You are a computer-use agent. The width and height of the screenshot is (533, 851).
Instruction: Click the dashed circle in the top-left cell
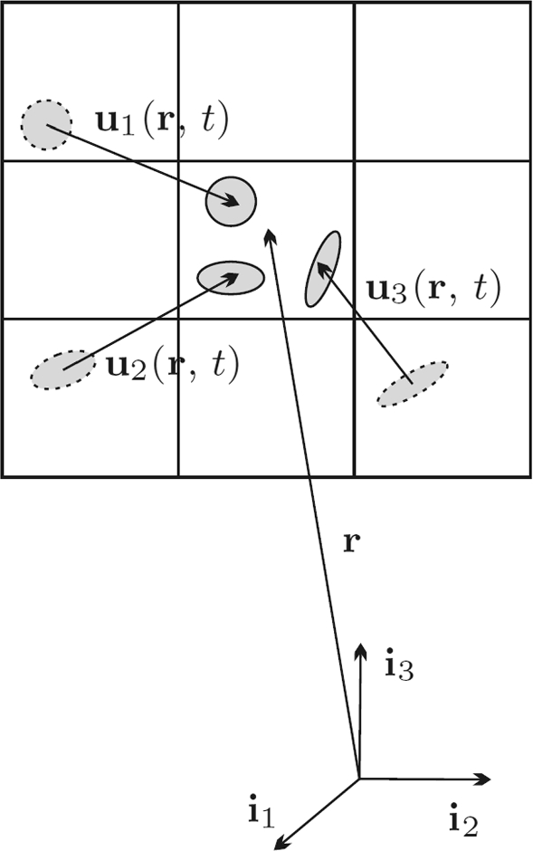[x=47, y=125]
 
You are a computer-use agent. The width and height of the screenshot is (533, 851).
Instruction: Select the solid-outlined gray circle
[x=231, y=201]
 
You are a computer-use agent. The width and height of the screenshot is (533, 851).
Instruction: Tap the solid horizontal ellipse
[x=231, y=278]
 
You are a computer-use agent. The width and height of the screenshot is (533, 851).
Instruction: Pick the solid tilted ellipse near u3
[x=323, y=269]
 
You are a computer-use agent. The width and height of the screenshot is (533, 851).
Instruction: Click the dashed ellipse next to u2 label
[x=63, y=369]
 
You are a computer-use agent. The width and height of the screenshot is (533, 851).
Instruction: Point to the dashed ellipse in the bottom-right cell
[x=413, y=384]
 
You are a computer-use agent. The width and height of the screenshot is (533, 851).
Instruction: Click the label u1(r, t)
[x=162, y=123]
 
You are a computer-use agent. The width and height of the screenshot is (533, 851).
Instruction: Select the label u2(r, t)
[x=172, y=368]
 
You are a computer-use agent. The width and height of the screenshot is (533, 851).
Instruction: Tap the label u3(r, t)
[x=433, y=290]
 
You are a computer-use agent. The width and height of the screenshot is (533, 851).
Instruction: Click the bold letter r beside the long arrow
[x=352, y=542]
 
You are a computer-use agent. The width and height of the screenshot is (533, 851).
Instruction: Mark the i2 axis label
[x=464, y=822]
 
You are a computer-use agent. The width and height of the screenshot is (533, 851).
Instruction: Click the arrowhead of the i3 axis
[x=359, y=650]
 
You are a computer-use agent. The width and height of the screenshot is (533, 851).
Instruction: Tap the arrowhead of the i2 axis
[x=482, y=779]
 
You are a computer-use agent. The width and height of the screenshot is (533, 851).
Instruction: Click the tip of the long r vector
[x=267, y=229]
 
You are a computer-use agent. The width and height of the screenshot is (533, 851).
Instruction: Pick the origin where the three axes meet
[x=359, y=779]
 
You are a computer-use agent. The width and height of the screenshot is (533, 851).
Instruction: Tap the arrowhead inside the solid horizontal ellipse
[x=232, y=277]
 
